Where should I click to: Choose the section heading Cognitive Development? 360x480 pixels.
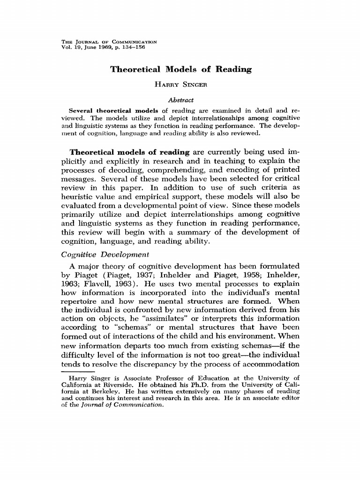[x=105, y=255]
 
